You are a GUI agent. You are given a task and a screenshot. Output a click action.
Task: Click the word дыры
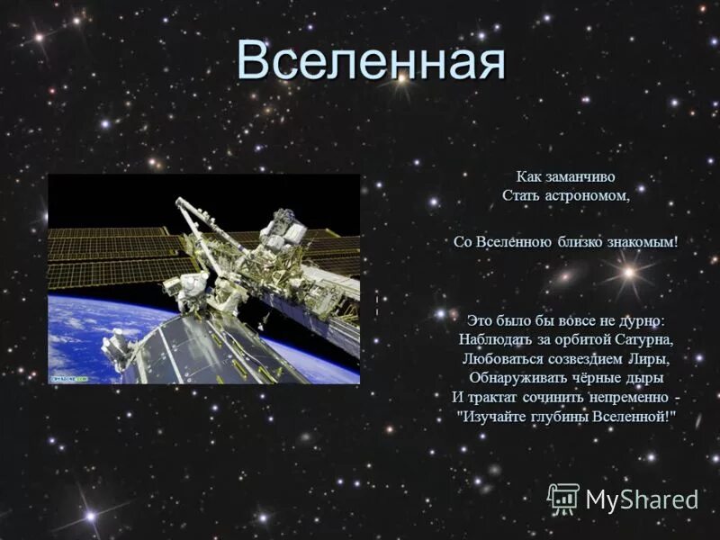[x=643, y=377]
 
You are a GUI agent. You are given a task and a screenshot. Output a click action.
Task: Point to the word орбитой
[x=568, y=339]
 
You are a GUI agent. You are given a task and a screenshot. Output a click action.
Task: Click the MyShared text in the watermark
[x=642, y=499]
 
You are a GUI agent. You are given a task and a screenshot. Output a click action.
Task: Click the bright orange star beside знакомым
[x=630, y=270]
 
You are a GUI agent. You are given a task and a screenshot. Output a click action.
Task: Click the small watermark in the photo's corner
[x=68, y=379]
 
